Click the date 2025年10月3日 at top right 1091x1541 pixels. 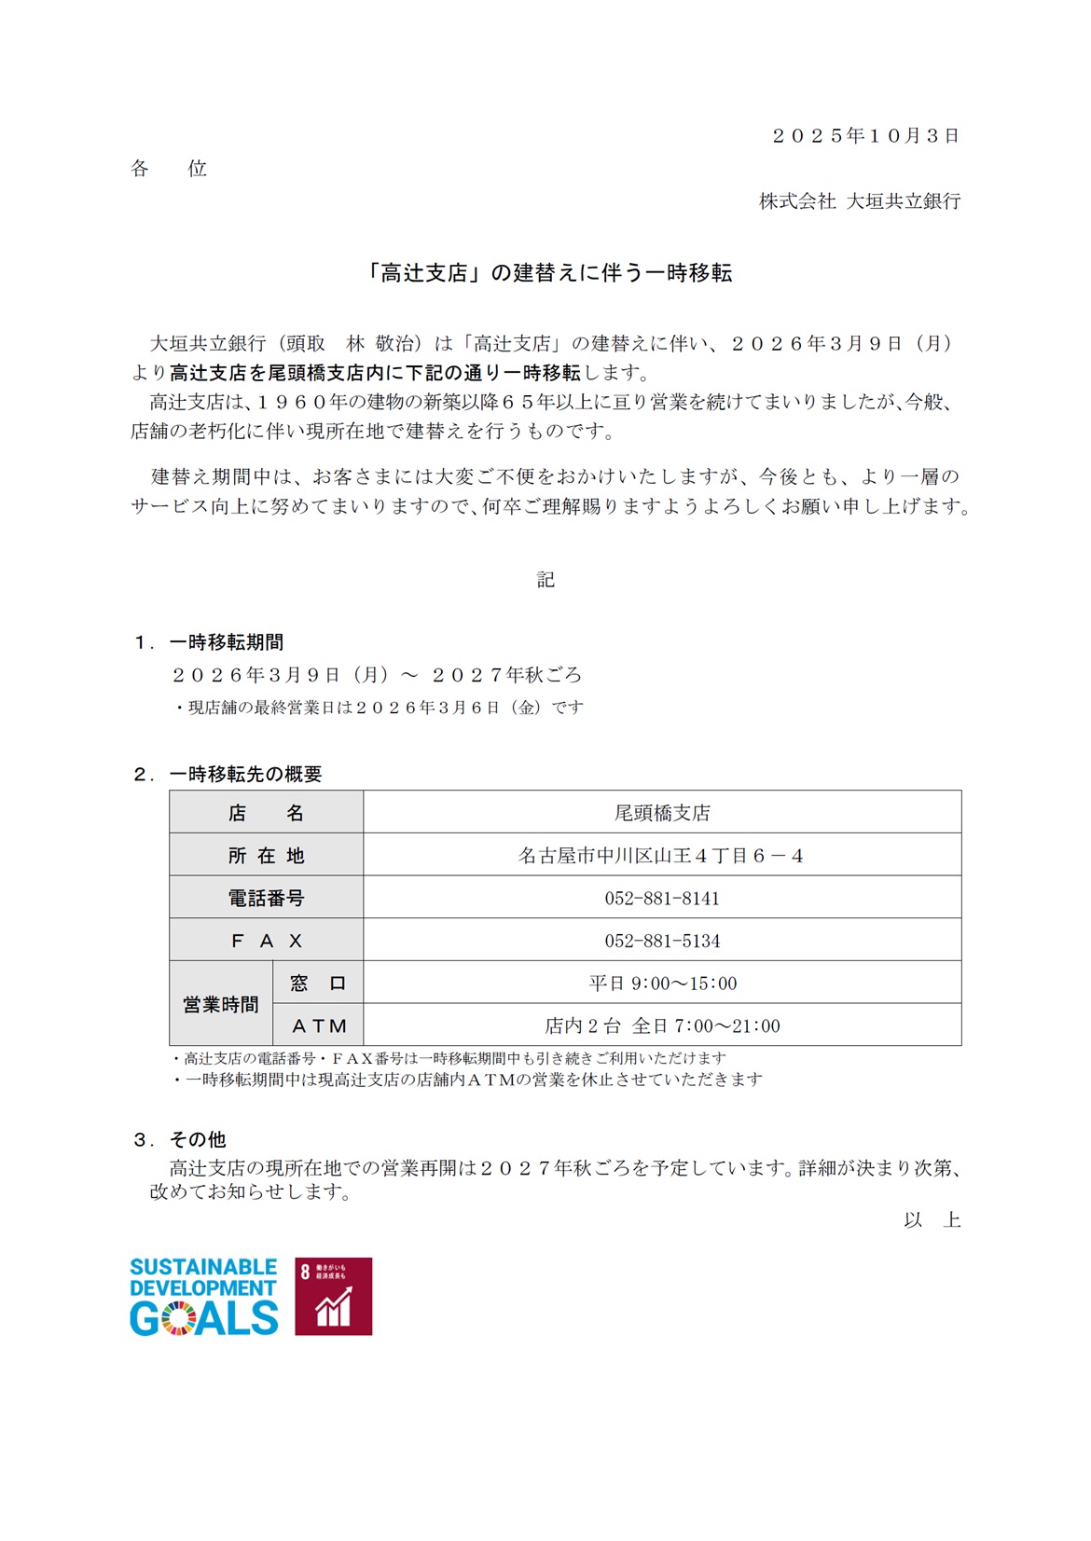[x=865, y=136]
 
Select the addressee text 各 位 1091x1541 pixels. [x=169, y=169]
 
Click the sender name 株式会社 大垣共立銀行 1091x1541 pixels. [x=859, y=201]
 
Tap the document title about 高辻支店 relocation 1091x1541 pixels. [x=546, y=273]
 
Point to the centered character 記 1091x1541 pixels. [x=545, y=580]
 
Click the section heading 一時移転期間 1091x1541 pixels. [x=227, y=642]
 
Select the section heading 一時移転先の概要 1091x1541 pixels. [x=245, y=774]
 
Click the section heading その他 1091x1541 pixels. [x=198, y=1139]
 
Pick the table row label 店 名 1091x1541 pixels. [x=266, y=813]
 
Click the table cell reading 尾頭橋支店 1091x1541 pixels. [x=662, y=813]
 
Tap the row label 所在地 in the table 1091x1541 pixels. [x=266, y=856]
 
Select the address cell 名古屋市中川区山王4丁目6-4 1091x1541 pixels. [x=661, y=856]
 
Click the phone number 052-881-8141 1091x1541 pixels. [x=662, y=899]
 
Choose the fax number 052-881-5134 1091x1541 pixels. [x=662, y=941]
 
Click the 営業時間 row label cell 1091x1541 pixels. [x=221, y=1004]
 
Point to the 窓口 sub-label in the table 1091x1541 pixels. [x=318, y=984]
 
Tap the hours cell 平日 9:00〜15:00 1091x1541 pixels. [x=662, y=984]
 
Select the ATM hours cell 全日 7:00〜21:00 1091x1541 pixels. [x=662, y=1025]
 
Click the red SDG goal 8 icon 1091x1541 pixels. [x=333, y=1296]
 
